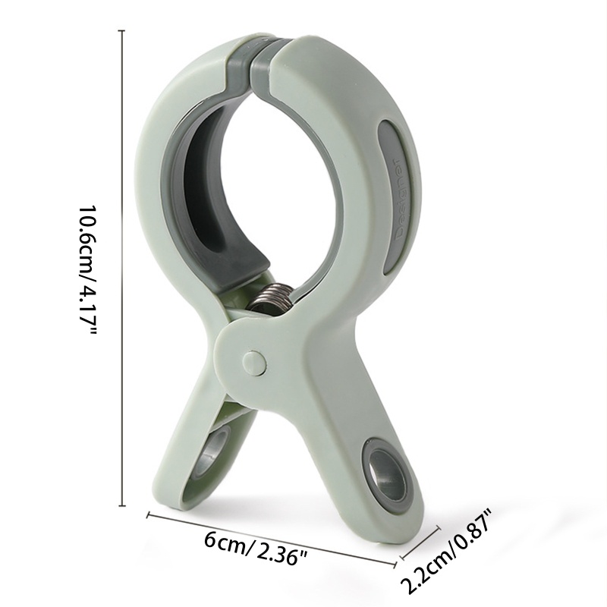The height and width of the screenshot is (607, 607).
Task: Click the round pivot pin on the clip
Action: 254,363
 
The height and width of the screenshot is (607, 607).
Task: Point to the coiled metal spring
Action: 272,297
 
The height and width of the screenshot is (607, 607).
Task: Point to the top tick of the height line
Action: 124,30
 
